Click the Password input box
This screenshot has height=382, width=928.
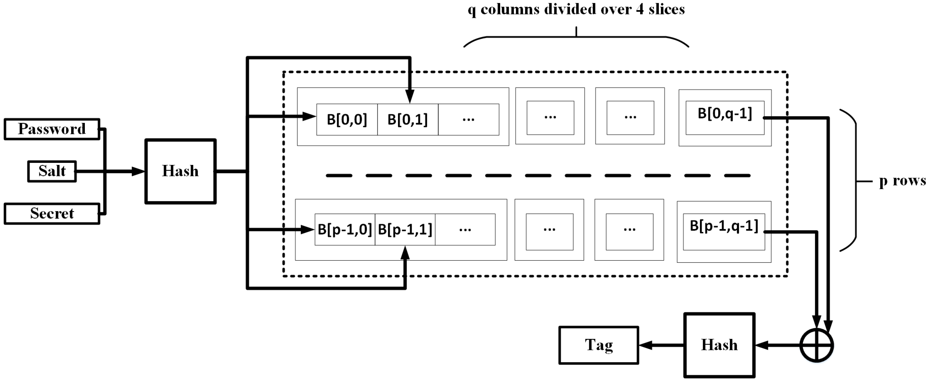[52, 129]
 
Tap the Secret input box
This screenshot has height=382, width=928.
[52, 214]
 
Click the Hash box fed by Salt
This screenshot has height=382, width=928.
[180, 171]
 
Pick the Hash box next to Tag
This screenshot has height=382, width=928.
[719, 345]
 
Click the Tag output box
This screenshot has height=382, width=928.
[599, 345]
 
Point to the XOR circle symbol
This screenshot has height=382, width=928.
[817, 345]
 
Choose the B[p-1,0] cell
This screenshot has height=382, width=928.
[345, 229]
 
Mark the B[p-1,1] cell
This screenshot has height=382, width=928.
[405, 229]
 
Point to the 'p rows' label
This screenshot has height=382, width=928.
[902, 180]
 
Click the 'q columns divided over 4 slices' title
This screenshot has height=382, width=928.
[576, 9]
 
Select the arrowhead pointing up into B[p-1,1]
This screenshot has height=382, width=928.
[405, 253]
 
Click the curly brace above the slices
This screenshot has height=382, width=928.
[576, 38]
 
